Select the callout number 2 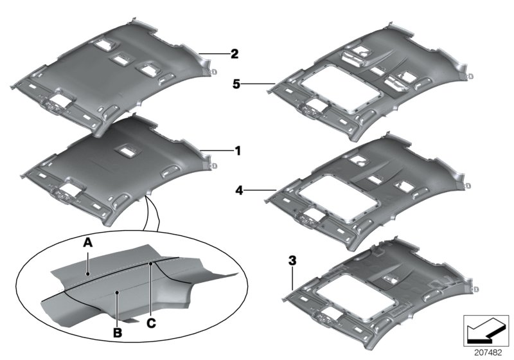click(235, 54)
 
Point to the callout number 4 click(238, 190)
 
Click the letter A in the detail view click(87, 241)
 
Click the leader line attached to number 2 click(213, 54)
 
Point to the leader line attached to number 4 click(260, 190)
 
